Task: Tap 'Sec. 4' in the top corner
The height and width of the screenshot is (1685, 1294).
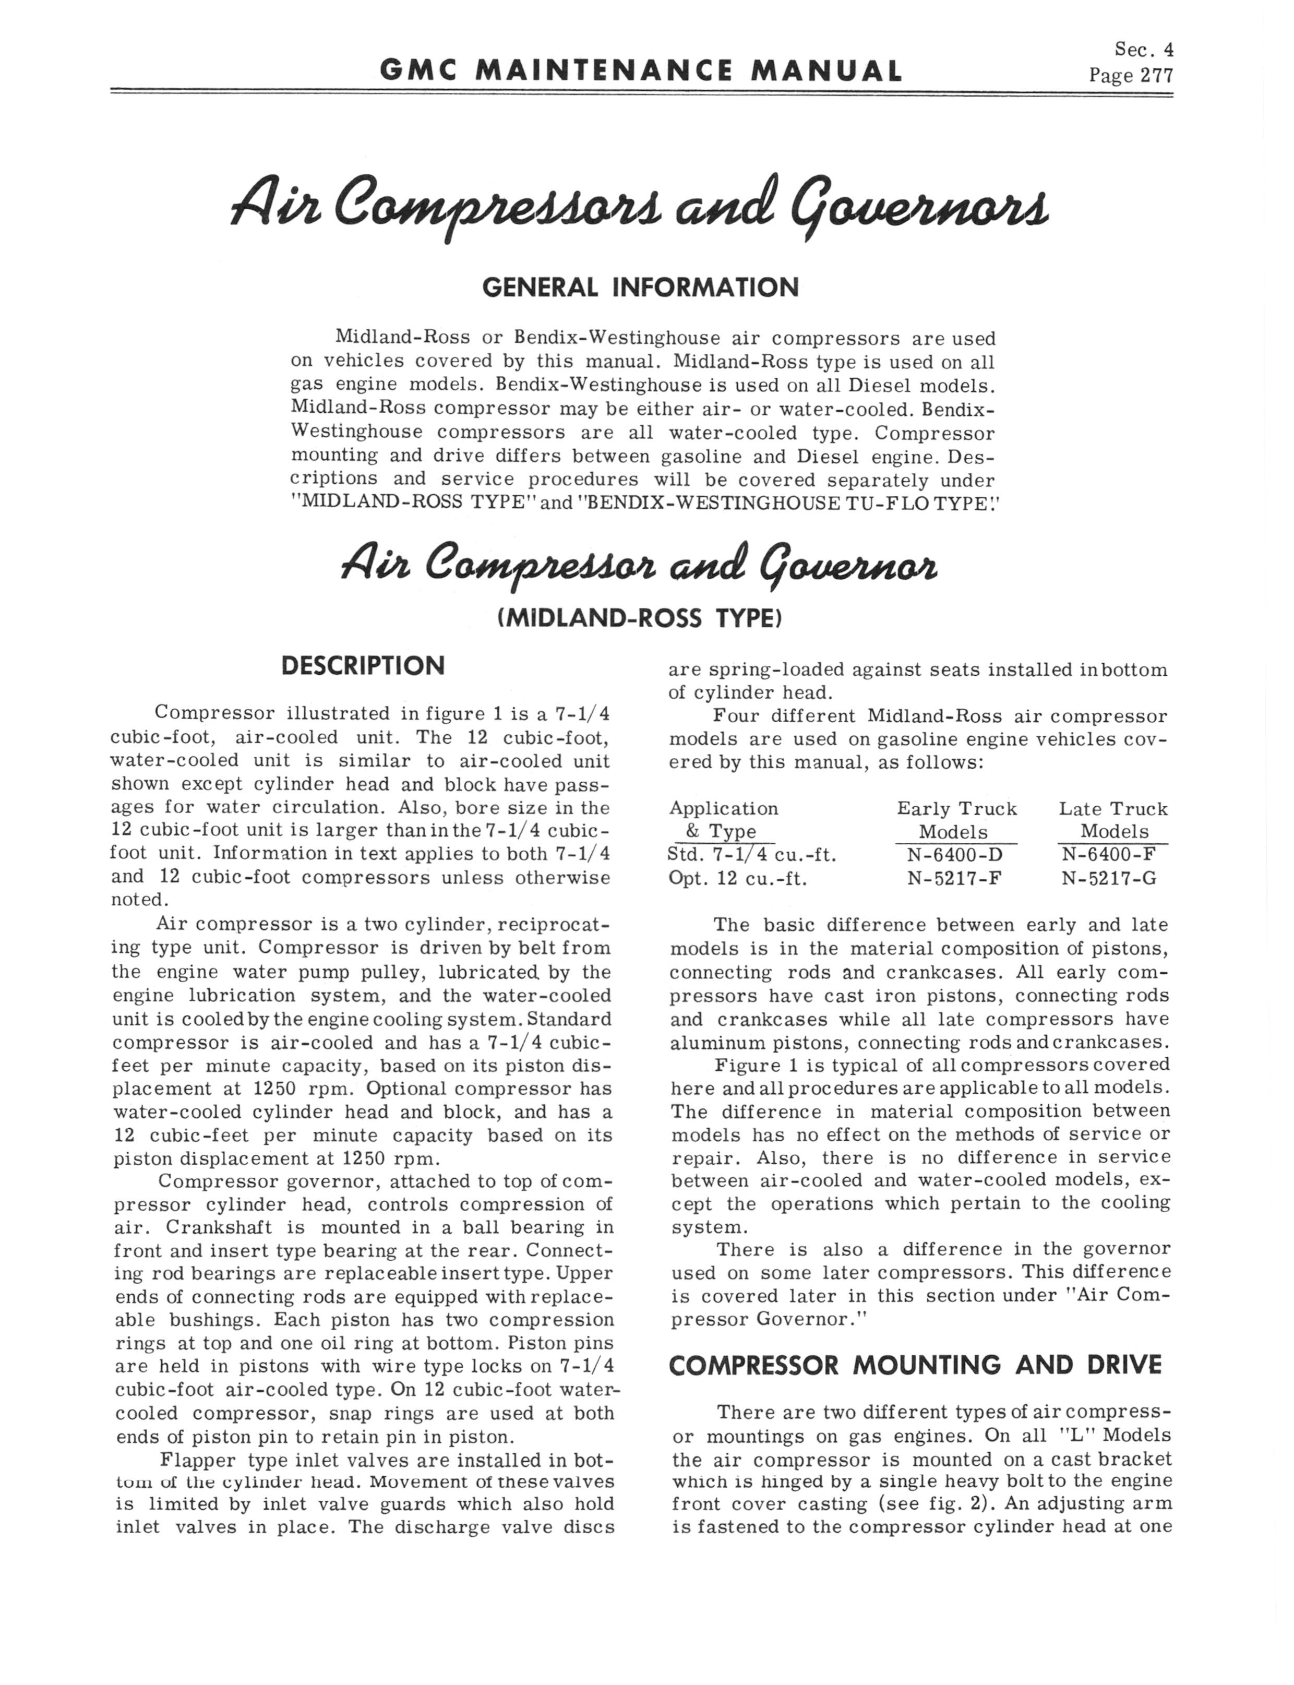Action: click(1144, 50)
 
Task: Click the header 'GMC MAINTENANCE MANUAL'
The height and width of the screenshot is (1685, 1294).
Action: click(640, 71)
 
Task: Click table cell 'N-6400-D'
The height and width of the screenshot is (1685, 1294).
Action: click(954, 855)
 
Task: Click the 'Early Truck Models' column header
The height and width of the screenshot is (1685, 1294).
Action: click(956, 820)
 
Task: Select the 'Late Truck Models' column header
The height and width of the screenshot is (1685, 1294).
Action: click(1113, 820)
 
